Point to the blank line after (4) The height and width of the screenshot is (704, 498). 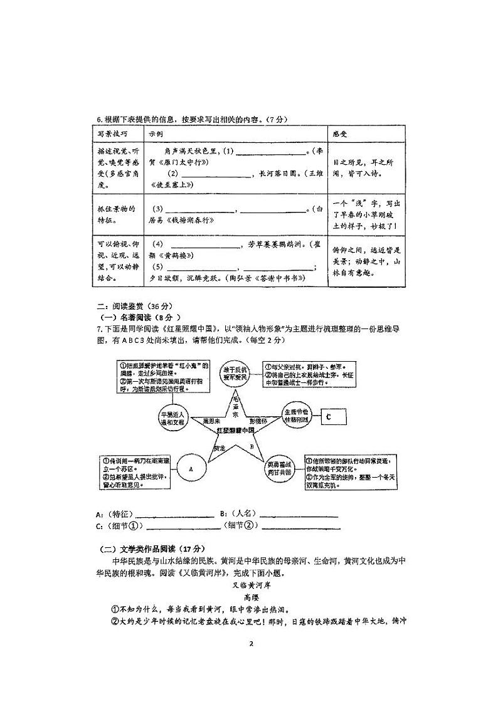[203, 244]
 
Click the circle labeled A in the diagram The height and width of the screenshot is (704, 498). [191, 468]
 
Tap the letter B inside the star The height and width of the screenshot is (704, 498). [252, 446]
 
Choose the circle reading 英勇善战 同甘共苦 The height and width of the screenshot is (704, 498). [280, 469]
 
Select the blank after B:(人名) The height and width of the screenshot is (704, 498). [299, 515]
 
